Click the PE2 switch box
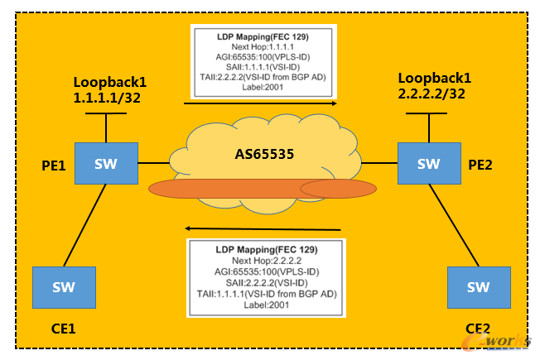point(428,163)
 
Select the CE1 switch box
point(64,287)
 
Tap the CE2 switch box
point(478,287)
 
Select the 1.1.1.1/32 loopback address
point(107,97)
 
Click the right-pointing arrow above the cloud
point(260,103)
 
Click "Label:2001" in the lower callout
point(266,305)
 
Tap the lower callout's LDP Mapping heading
point(266,248)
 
